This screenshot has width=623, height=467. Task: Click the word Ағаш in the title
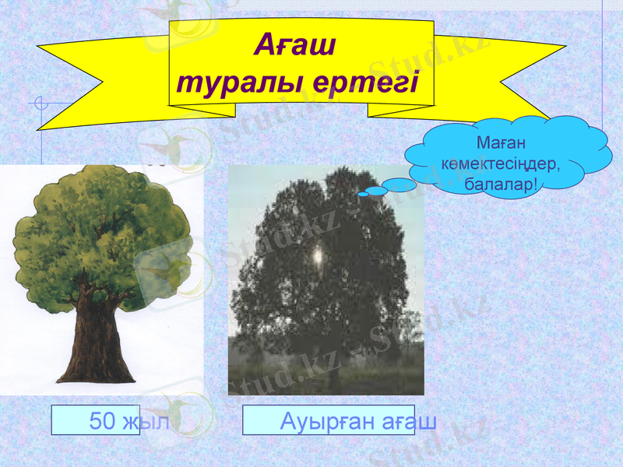[x=295, y=46]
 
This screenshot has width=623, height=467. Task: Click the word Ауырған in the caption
[x=316, y=421]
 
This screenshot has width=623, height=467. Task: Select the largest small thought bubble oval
[x=401, y=185]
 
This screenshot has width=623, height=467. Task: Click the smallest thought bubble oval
[x=363, y=194]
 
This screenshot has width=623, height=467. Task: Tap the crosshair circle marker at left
[x=43, y=103]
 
